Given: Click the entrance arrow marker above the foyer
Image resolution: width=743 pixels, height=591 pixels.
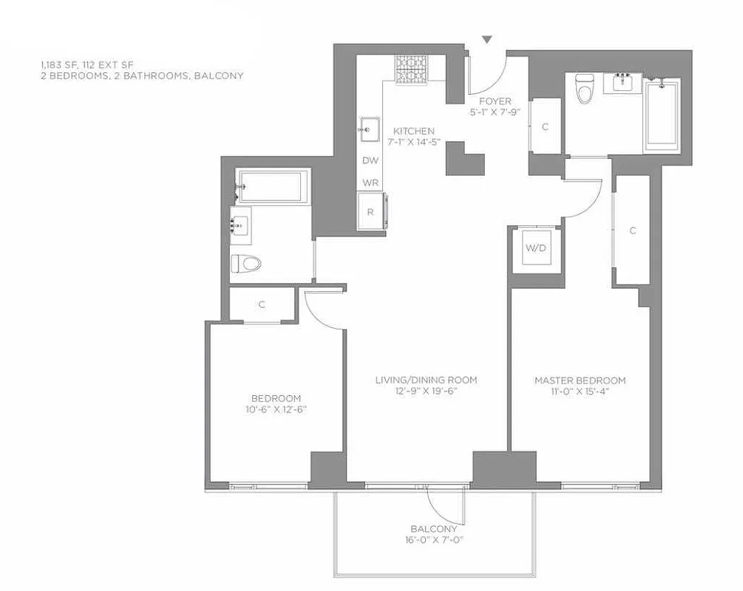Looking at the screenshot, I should [487, 39].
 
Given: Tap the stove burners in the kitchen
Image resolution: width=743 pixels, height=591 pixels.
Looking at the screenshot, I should [411, 70].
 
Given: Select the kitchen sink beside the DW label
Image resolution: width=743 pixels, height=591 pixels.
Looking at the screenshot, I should [369, 129].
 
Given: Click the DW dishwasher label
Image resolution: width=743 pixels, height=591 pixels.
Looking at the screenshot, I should [370, 160].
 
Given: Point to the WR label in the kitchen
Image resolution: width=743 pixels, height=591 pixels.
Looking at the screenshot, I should [370, 182].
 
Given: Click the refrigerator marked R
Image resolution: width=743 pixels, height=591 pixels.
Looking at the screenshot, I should [370, 211].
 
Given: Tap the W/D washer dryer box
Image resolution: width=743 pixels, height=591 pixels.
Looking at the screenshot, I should [536, 248].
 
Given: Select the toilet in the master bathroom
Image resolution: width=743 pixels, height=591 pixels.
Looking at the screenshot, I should [586, 90].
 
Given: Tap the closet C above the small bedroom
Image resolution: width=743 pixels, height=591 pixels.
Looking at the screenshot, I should [262, 304].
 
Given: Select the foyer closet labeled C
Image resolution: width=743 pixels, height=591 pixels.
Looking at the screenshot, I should [546, 126].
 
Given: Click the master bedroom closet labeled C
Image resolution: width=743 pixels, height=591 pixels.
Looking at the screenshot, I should [632, 230].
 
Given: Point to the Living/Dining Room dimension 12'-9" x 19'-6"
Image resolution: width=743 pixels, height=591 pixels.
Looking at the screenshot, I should [426, 392].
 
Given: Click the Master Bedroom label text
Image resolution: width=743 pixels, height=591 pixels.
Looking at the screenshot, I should [580, 380].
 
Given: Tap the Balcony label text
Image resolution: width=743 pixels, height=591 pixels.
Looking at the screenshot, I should [434, 529].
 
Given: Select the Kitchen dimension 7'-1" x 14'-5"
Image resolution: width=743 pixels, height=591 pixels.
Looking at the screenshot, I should [413, 142].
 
